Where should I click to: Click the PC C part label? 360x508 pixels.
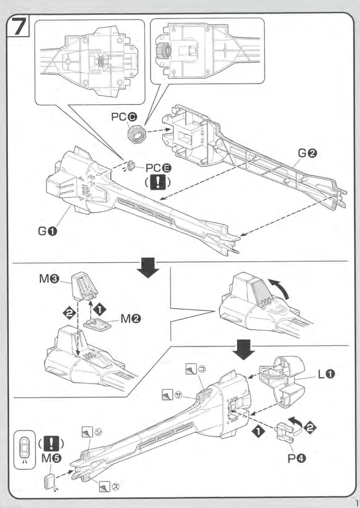pos(124,117)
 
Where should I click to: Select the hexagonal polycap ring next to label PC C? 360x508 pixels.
pos(137,133)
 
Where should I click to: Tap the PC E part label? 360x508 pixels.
pos(158,168)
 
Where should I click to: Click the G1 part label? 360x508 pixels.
pos(47,231)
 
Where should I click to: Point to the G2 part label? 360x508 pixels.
pos(307,153)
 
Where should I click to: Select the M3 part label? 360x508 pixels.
pos(49,279)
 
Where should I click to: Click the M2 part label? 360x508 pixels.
pos(131,319)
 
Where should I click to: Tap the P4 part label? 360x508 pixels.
pos(297,459)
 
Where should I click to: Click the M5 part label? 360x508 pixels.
pos(52,459)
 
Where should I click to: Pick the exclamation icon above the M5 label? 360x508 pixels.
pos(52,444)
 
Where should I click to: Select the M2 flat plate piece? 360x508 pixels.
pos(98,324)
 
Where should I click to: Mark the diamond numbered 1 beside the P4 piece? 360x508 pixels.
pos(258,431)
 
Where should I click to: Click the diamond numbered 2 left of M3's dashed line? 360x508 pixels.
pos(69,312)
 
